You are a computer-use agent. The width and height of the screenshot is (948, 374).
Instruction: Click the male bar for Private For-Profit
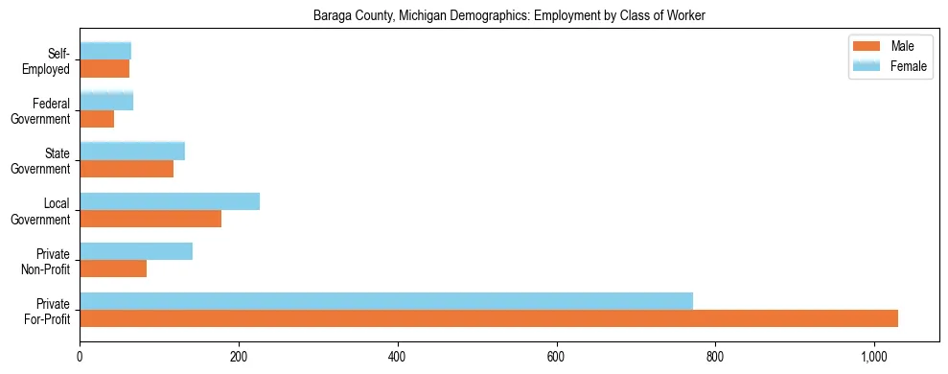coord(489,318)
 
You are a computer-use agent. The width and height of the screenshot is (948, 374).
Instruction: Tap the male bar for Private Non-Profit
coord(113,269)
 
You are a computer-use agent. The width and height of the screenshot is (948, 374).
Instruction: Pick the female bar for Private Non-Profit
coord(136,251)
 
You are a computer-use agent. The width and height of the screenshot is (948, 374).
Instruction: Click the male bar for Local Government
coord(150,219)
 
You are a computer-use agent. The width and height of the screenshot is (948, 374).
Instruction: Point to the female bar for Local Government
coord(170,201)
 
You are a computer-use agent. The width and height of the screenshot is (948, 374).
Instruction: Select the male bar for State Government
coord(127,169)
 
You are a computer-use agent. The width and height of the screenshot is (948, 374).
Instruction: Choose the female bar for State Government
coord(132,152)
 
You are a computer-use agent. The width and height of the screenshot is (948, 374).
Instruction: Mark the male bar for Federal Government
coord(97,119)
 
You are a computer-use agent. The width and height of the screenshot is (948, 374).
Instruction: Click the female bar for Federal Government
coord(106,102)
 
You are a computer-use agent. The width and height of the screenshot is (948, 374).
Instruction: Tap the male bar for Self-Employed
coord(104,69)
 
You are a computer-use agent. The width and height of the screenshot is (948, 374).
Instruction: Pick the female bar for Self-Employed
coord(105,52)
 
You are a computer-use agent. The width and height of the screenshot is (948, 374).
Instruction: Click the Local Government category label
coord(44,210)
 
